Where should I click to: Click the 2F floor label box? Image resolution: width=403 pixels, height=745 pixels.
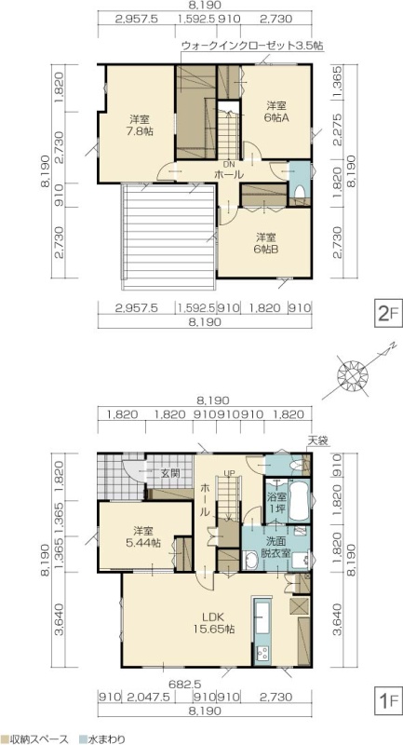coord(388,313)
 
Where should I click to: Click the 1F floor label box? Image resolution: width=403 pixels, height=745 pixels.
coord(388,700)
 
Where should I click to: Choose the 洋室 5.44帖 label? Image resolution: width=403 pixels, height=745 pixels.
coord(146,537)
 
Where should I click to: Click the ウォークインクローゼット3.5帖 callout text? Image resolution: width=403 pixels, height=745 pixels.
coord(252,46)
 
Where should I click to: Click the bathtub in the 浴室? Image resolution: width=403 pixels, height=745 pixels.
coord(299,500)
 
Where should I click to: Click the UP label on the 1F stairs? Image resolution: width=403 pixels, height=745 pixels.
coord(229,473)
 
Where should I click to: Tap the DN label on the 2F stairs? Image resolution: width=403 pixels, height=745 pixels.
coord(229,165)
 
